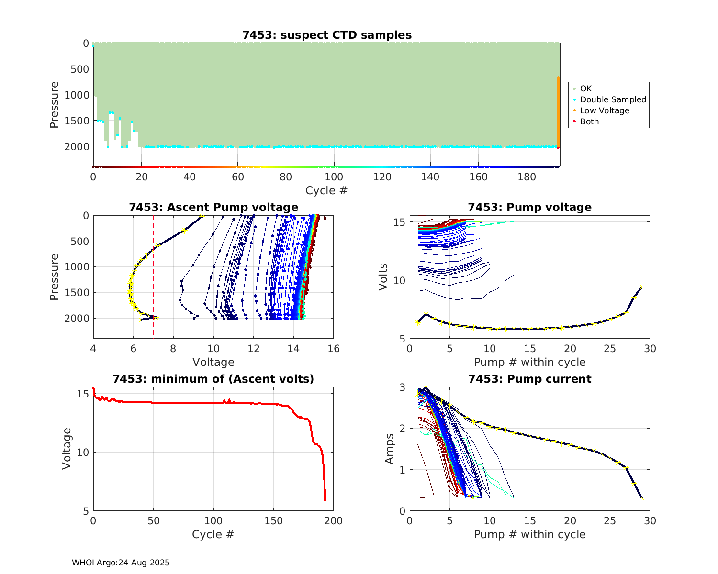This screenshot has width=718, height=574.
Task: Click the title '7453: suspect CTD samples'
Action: point(327,35)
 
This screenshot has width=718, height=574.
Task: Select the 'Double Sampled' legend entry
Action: point(613,99)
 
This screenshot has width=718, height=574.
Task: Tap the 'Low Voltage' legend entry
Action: point(605,110)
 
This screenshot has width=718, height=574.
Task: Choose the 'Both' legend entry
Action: point(589,121)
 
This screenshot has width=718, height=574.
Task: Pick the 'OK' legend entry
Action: point(585,88)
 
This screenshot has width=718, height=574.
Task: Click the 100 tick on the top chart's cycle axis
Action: point(334,177)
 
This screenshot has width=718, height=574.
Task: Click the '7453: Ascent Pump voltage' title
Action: point(213,207)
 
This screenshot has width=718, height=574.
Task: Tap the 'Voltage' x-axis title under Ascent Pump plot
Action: point(213,362)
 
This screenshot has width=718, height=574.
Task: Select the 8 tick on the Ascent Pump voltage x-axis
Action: point(173,349)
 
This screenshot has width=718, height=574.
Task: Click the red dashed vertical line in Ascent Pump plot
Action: point(154,287)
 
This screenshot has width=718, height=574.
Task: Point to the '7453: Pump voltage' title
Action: point(529,207)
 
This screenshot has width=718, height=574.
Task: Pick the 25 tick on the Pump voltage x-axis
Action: point(609,349)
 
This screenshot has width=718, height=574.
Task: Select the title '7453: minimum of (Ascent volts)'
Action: point(213,379)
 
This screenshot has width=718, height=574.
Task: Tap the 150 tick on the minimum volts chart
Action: point(273,521)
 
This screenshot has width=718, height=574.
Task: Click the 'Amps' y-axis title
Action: point(390,449)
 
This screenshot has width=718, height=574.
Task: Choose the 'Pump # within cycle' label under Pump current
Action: point(529,534)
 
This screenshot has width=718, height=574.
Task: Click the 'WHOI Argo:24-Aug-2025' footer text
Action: point(121,563)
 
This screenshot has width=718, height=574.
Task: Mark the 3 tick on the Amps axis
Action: point(402,387)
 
